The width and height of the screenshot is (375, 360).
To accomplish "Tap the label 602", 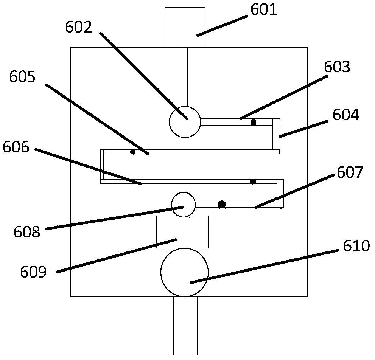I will pyautogui.click(x=78, y=27).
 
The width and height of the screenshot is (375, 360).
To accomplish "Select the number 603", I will pyautogui.click(x=337, y=67).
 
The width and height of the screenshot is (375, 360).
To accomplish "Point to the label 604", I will pyautogui.click(x=345, y=115).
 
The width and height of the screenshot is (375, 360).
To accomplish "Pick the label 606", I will pyautogui.click(x=16, y=147).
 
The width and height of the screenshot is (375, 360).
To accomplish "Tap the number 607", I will pyautogui.click(x=350, y=172).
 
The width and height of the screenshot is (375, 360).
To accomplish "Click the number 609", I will pyautogui.click(x=34, y=272).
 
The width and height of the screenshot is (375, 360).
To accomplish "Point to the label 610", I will pyautogui.click(x=356, y=247).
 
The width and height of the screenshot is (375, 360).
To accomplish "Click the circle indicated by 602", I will pyautogui.click(x=185, y=122).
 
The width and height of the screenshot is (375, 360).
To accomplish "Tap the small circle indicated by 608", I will pyautogui.click(x=184, y=205).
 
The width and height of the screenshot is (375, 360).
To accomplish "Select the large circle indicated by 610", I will pyautogui.click(x=184, y=272).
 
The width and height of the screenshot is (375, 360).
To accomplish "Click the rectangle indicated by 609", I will pyautogui.click(x=182, y=232).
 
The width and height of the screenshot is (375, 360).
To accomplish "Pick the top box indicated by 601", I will pyautogui.click(x=185, y=27).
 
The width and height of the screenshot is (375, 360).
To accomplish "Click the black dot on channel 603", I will pyautogui.click(x=254, y=122).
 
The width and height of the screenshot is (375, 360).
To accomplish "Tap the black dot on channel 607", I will pyautogui.click(x=222, y=204).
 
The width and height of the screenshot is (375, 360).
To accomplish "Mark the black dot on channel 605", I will pyautogui.click(x=132, y=152).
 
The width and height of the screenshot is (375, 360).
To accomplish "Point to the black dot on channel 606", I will pyautogui.click(x=253, y=182).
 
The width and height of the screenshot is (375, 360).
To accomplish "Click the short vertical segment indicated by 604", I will pyautogui.click(x=276, y=134).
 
